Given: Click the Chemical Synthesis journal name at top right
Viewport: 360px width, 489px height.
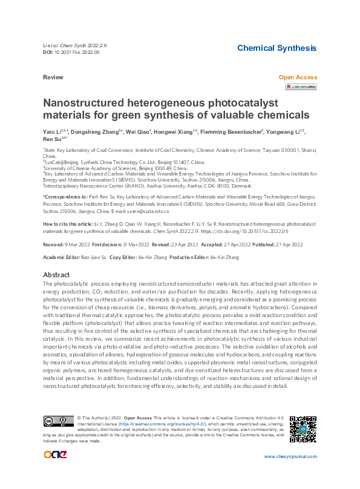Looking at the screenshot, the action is click(x=276, y=48).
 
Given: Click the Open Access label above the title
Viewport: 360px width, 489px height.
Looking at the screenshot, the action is click(x=297, y=77).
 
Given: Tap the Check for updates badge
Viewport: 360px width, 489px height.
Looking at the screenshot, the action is click(x=300, y=87).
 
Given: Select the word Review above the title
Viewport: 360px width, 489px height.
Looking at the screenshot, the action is click(x=53, y=78).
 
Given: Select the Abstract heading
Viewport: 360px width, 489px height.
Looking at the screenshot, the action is click(x=56, y=275).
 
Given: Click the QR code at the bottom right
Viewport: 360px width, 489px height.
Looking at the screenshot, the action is click(x=303, y=428).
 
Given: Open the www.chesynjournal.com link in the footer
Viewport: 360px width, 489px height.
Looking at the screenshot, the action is click(x=290, y=456).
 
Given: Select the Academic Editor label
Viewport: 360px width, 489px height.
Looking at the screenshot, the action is click(x=63, y=258).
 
